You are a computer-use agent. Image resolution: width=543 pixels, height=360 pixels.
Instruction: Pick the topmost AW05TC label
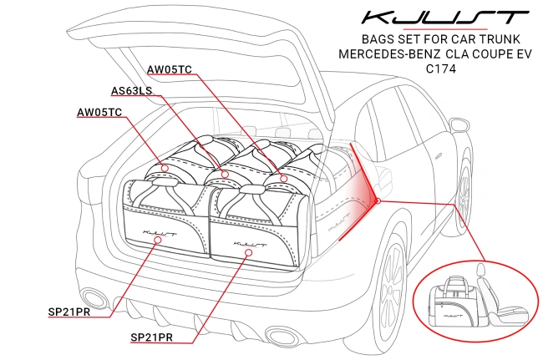tap(170, 68)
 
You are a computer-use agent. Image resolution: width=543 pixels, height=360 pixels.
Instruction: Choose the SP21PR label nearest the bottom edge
tap(153, 338)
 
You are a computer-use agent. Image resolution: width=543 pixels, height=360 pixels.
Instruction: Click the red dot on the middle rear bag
tap(224, 174)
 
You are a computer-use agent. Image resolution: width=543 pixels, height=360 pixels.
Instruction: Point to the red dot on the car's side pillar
tap(378, 200)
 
